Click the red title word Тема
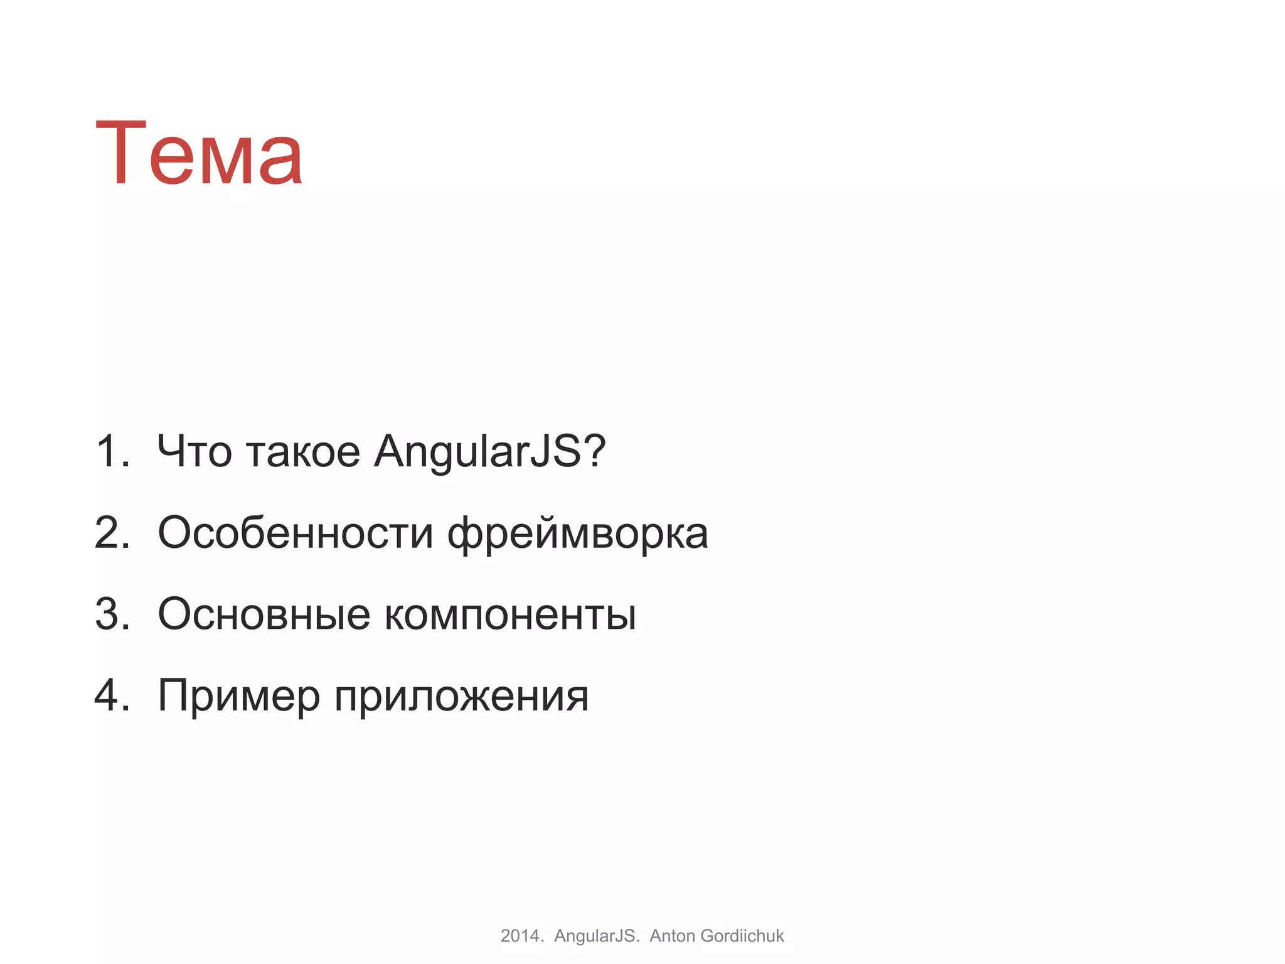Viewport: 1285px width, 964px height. click(x=200, y=154)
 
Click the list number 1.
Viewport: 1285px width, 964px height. click(x=108, y=451)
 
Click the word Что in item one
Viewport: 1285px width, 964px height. click(x=194, y=451)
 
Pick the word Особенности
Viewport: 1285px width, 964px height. click(x=295, y=532)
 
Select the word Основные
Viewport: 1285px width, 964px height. click(x=264, y=614)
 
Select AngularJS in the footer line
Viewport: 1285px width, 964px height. click(x=596, y=936)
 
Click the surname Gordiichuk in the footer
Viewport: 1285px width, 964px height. click(x=742, y=936)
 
